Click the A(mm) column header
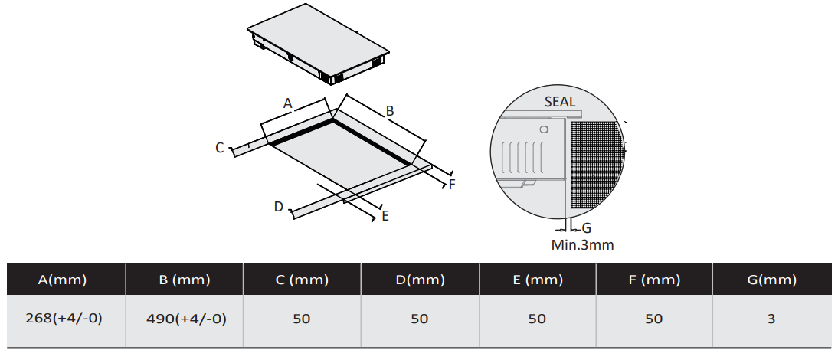63,280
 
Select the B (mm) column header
185,280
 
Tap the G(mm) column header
771,280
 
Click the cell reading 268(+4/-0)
64,319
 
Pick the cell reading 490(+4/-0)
186,319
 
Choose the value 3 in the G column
771,319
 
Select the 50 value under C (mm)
302,319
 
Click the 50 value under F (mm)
653,319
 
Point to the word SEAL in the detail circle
559,101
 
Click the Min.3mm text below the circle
582,245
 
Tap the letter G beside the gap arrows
586,228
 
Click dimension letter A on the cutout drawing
287,103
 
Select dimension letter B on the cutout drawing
390,111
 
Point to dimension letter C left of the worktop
219,148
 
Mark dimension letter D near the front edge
278,207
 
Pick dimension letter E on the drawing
385,216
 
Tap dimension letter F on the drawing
452,185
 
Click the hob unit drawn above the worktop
318,44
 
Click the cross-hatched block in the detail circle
597,164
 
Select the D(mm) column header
420,280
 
